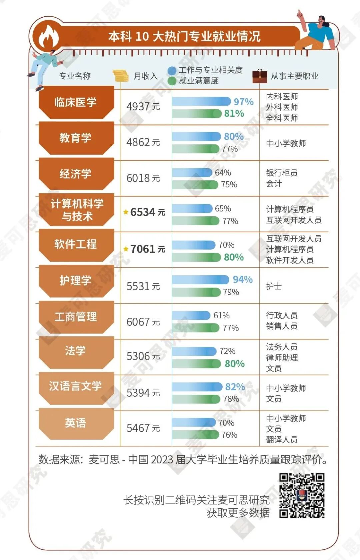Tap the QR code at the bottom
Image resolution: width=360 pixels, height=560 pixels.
[302, 496]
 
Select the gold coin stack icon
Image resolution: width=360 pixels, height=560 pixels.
[120, 76]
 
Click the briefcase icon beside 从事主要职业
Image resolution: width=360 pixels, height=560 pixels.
[260, 76]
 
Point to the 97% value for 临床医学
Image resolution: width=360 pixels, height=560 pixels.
[243, 102]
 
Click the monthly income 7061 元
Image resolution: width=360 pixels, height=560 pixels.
[148, 249]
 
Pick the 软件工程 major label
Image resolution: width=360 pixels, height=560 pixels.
[76, 244]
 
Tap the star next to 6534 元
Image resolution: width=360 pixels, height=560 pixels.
[126, 212]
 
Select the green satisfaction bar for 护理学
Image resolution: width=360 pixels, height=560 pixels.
[196, 292]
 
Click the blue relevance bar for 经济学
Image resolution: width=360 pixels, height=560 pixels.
[192, 173]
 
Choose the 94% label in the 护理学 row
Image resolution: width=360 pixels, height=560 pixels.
[242, 279]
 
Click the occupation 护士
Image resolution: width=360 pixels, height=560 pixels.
[274, 286]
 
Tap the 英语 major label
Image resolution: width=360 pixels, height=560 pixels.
[76, 423]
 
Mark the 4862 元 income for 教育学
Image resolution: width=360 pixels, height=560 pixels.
[143, 142]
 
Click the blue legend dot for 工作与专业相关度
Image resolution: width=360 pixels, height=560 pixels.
[172, 71]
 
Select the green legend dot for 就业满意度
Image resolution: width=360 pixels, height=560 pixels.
[172, 81]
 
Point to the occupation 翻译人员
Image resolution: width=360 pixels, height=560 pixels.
[282, 439]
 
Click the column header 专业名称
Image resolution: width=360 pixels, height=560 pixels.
[75, 76]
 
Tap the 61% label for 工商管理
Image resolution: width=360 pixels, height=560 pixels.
[221, 315]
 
